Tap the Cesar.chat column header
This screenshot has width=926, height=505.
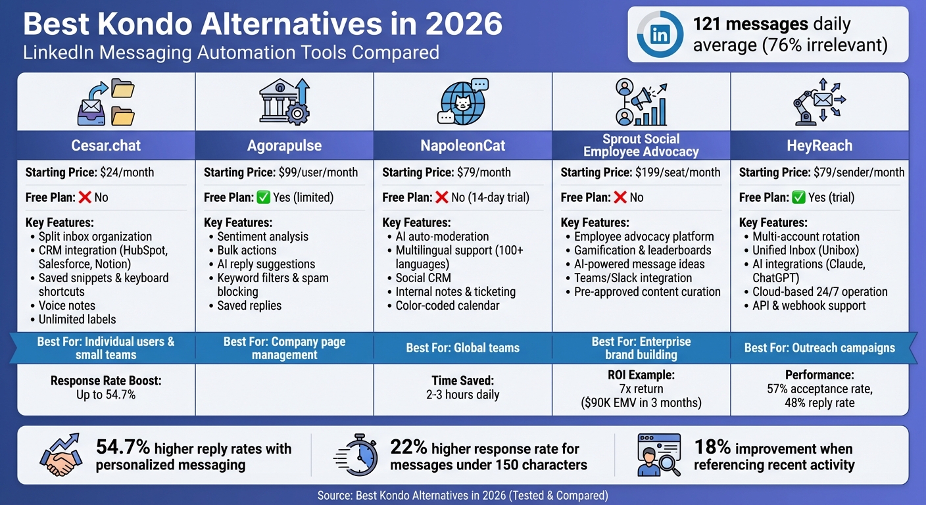click(x=105, y=145)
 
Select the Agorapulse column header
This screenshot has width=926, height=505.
click(x=284, y=145)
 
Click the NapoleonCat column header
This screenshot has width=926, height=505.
click(x=462, y=145)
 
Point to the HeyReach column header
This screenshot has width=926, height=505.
click(x=819, y=145)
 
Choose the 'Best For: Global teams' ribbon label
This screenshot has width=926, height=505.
click(x=462, y=347)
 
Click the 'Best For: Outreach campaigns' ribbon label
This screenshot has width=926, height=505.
click(x=819, y=347)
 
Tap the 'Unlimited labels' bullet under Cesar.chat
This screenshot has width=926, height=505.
click(x=77, y=320)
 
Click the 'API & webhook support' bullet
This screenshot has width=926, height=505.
click(x=809, y=306)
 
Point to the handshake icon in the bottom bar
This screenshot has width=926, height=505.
click(x=61, y=454)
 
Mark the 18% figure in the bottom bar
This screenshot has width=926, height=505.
click(x=712, y=448)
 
